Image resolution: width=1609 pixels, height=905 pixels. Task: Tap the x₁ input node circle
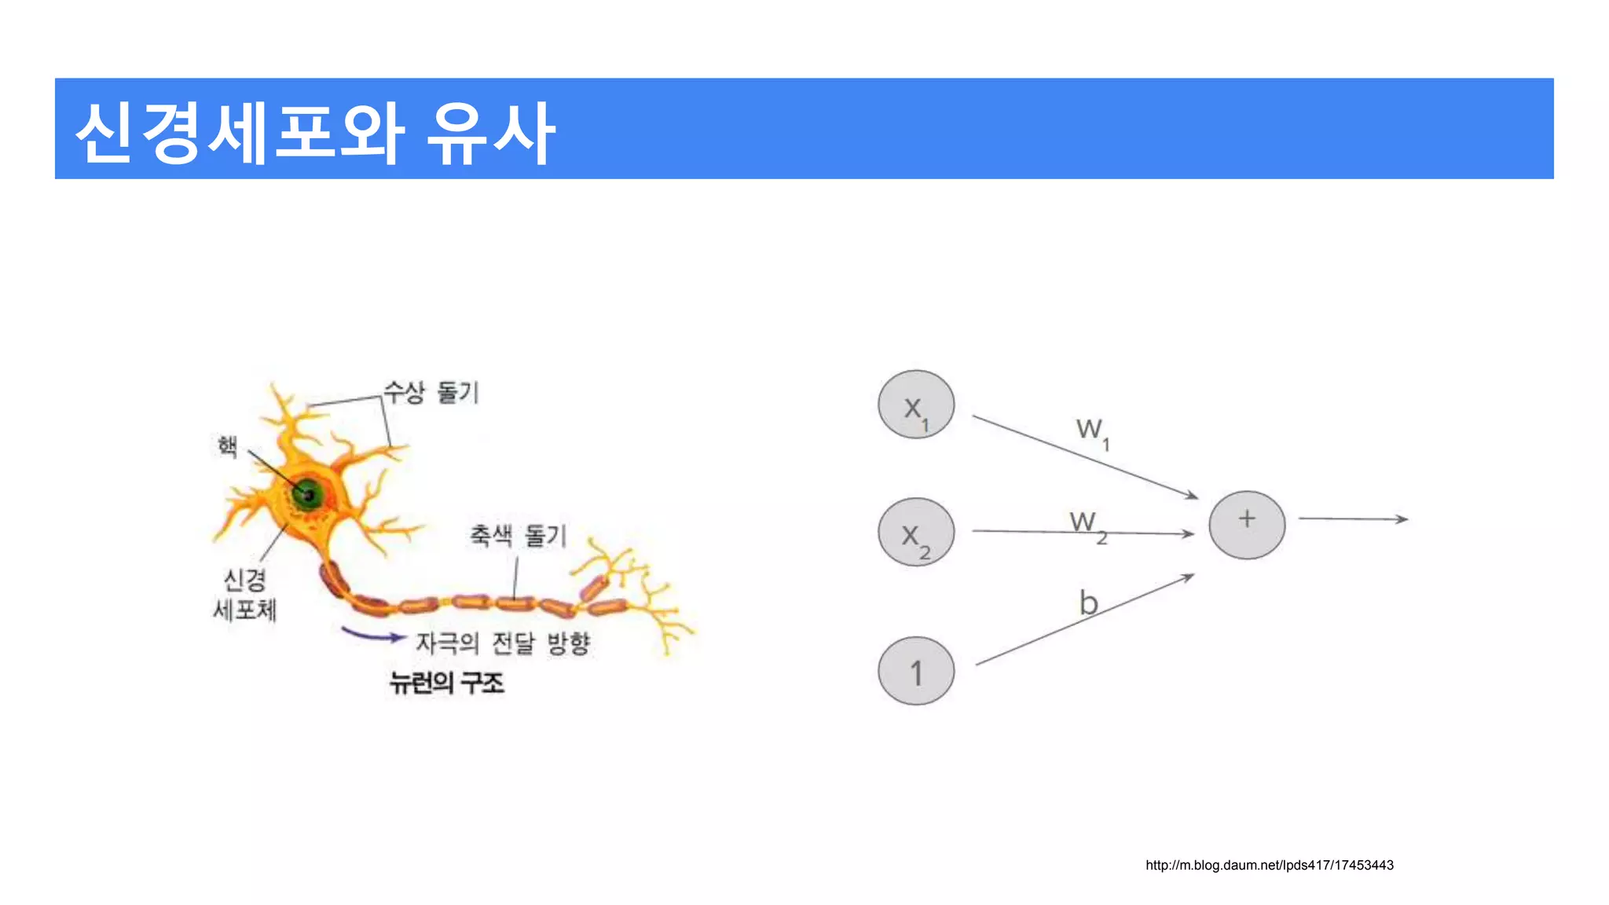[x=916, y=405]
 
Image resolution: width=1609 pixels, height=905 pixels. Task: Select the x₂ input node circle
[x=916, y=532]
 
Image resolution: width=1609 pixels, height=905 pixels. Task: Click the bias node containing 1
[x=916, y=671]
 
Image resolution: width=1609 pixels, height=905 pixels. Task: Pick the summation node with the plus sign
[x=1247, y=525]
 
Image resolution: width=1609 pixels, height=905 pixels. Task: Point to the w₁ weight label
[x=1092, y=431]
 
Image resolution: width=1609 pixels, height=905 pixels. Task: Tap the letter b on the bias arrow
[x=1088, y=603]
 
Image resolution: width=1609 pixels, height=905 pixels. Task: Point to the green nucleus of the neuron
[x=307, y=495]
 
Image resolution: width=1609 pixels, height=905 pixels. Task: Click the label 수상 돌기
[x=431, y=392]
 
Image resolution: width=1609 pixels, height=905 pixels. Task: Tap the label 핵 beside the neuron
[x=228, y=447]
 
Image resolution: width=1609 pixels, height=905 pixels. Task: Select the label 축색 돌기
[x=518, y=536]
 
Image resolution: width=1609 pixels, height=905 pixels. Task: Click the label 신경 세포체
[x=245, y=595]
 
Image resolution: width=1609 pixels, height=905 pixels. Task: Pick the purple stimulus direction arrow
[x=372, y=635]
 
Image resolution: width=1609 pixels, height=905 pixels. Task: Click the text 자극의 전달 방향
[x=503, y=643]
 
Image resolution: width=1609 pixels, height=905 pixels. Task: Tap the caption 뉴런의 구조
[x=446, y=683]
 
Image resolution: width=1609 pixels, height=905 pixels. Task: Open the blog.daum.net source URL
[x=1269, y=865]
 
